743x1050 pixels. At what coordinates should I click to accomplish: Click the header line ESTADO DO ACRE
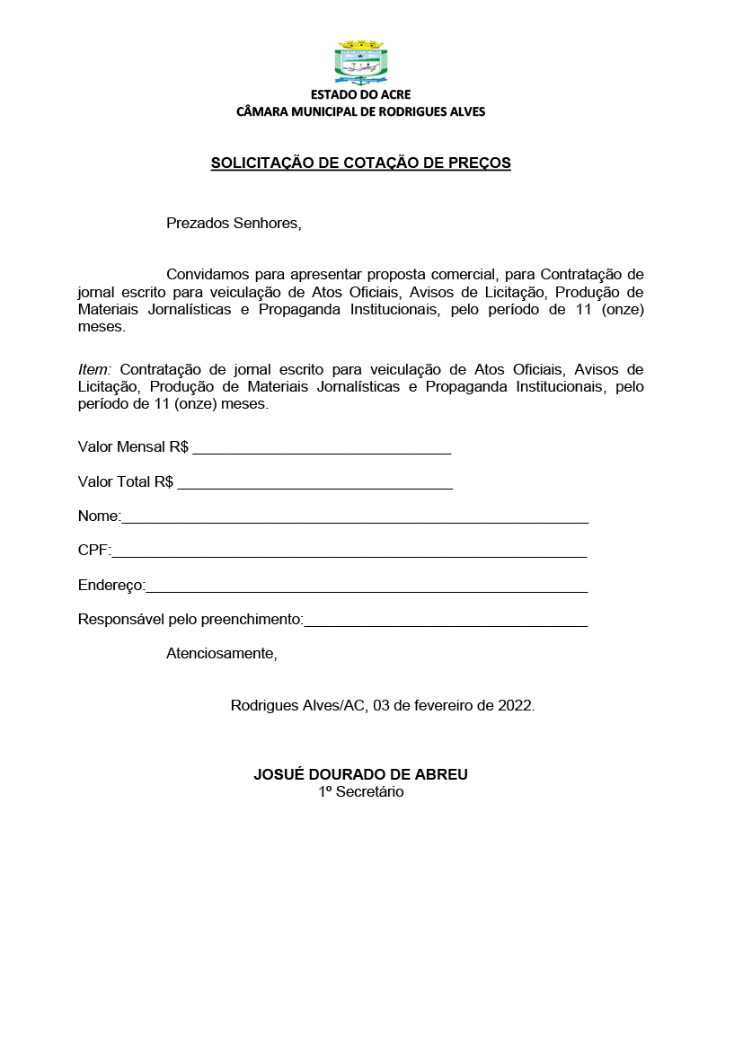coord(360,95)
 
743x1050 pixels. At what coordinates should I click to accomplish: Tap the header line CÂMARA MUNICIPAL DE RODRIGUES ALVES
coord(360,112)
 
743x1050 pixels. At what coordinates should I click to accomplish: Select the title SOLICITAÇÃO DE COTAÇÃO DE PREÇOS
coord(360,163)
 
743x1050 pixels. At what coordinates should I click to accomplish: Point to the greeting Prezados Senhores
coord(234,223)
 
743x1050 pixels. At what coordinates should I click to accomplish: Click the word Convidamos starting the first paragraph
coord(208,274)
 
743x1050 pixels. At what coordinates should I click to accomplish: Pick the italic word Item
coord(95,369)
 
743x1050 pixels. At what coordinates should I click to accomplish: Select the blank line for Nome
coord(355,518)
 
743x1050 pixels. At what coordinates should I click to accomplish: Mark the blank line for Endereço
coord(367,587)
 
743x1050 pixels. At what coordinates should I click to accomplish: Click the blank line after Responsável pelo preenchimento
coord(446,621)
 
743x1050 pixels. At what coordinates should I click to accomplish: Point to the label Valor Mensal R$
coord(133,446)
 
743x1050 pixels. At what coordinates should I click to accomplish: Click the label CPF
coord(93,551)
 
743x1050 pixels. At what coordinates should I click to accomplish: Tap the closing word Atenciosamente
coord(222,653)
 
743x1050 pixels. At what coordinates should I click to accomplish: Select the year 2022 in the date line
coord(516,705)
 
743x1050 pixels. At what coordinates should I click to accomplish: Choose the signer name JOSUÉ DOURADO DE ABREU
coord(360,774)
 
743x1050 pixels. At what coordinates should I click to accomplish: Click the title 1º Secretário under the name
coord(360,792)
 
